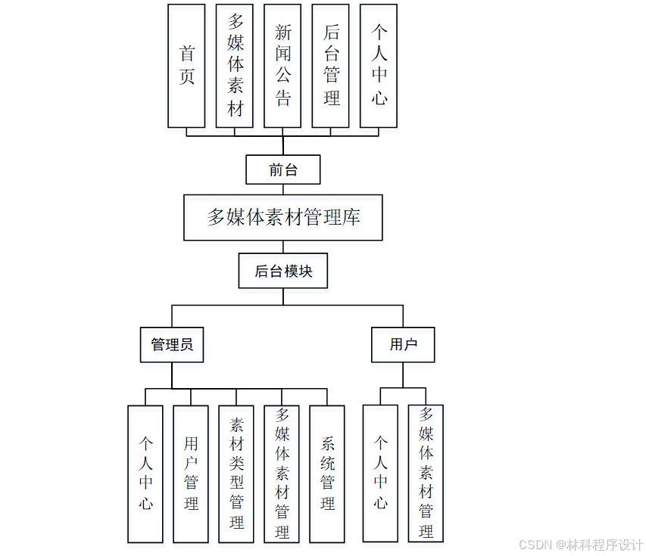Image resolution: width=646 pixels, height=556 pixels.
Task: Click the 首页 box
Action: click(186, 66)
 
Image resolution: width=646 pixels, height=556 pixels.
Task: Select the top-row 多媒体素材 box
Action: click(234, 66)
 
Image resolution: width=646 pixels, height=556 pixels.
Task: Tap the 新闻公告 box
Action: click(282, 66)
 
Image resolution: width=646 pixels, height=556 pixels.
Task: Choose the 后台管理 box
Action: click(330, 66)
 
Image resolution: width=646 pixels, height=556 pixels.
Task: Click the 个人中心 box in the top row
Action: click(379, 66)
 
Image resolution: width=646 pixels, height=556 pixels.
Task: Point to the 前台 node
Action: click(283, 169)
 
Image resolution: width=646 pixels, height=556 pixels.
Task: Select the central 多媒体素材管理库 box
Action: click(283, 218)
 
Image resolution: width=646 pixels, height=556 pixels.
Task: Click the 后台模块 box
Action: click(283, 271)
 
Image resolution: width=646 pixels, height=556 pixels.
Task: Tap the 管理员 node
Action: click(172, 345)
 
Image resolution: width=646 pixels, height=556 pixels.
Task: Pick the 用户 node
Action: click(403, 345)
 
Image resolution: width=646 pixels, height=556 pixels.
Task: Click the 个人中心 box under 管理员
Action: click(145, 474)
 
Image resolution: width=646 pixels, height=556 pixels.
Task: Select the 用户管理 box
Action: click(191, 474)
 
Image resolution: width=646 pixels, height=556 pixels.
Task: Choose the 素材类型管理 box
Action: click(236, 474)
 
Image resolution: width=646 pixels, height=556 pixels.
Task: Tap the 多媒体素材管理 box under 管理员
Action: click(282, 474)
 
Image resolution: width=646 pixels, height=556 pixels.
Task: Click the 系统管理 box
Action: click(327, 474)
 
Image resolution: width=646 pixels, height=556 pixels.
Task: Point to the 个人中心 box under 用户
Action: click(380, 474)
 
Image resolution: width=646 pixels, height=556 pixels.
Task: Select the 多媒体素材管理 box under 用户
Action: click(426, 474)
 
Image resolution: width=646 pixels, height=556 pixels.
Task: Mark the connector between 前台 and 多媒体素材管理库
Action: click(283, 189)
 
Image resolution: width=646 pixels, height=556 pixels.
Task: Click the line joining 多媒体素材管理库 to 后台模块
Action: click(283, 247)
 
